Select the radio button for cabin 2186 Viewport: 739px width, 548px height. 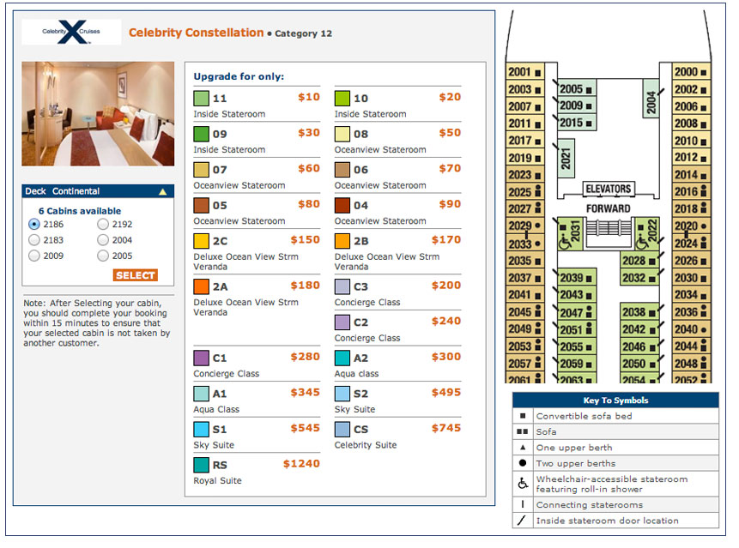tap(34, 224)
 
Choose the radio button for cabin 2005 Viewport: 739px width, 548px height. tap(103, 256)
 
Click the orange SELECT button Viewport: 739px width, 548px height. tap(135, 275)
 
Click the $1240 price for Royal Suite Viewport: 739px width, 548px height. tap(300, 464)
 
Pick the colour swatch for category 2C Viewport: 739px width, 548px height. tap(202, 242)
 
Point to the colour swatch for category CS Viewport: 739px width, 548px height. tap(342, 430)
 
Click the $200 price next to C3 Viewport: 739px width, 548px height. tap(445, 286)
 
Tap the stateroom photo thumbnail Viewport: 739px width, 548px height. tap(98, 113)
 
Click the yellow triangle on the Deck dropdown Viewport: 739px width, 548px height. tap(163, 192)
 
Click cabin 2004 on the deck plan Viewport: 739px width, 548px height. tap(651, 102)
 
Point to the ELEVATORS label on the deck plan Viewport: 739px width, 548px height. tap(609, 189)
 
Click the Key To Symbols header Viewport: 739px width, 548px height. tap(615, 400)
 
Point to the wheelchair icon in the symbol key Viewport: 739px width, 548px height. tap(522, 484)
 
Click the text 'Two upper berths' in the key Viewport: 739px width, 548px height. tap(575, 464)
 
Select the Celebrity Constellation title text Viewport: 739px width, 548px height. tap(196, 33)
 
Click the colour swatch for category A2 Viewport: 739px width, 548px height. tap(342, 358)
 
